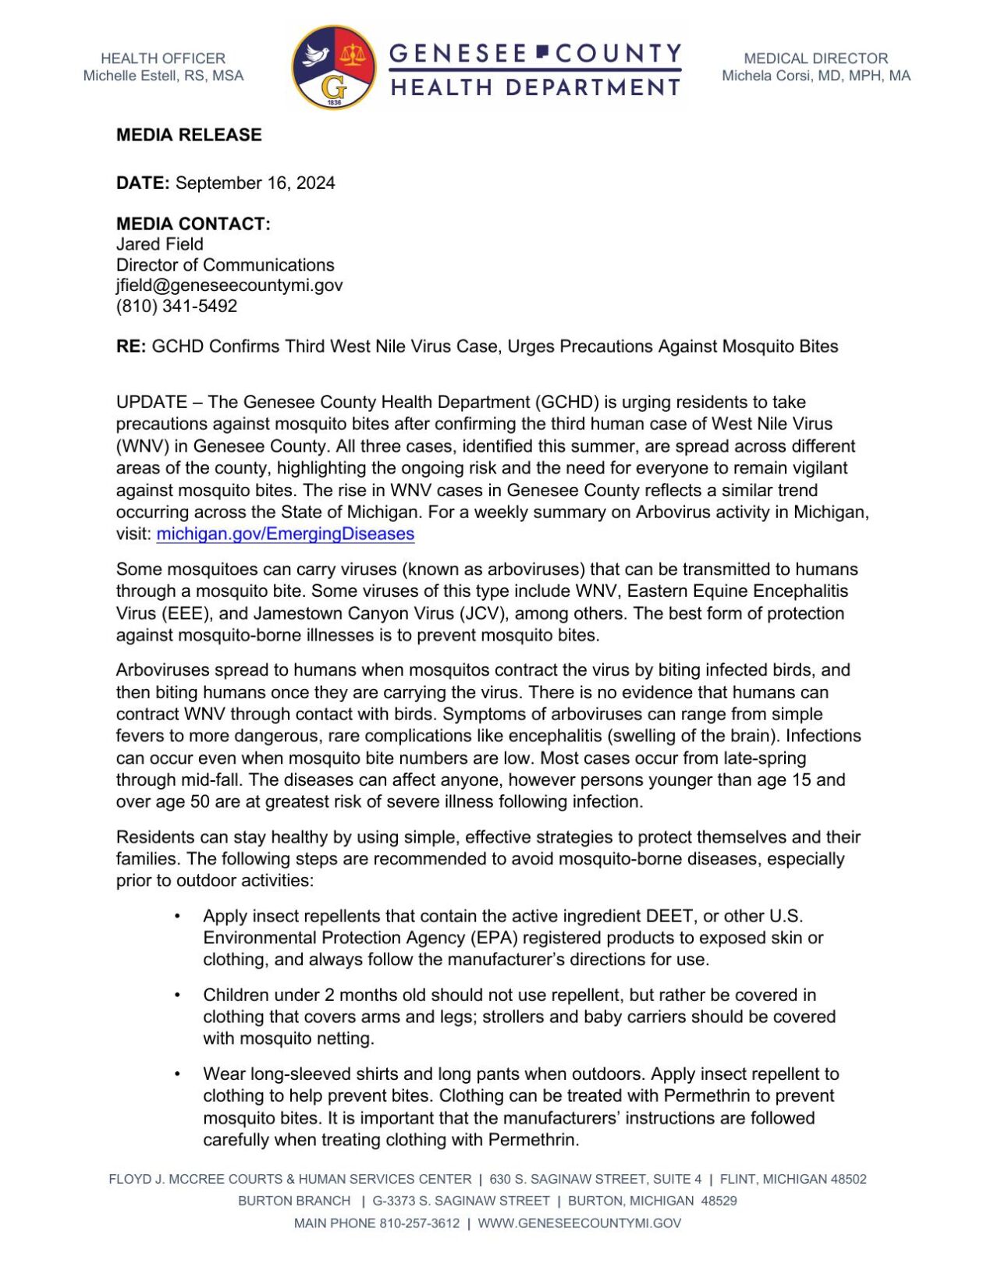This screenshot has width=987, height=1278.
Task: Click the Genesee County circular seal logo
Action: (x=333, y=68)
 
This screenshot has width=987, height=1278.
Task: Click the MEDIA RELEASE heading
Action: (x=189, y=135)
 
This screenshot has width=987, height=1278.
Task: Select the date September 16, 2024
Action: (x=255, y=183)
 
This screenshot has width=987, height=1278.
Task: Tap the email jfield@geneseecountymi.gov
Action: (x=229, y=286)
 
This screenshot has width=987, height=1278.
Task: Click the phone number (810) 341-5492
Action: (x=176, y=306)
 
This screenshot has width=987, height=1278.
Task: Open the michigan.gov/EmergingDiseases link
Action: (x=285, y=534)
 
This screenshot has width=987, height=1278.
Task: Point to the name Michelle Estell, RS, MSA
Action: (x=163, y=76)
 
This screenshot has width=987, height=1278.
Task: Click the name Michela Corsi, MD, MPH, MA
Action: (x=815, y=76)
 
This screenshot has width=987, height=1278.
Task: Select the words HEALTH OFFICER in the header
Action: (x=163, y=59)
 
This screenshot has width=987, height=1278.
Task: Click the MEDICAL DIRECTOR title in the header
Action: (x=815, y=59)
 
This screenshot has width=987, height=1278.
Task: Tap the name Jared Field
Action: (x=159, y=244)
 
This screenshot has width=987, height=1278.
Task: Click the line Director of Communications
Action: (x=225, y=265)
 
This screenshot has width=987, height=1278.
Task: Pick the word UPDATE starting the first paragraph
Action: (x=151, y=403)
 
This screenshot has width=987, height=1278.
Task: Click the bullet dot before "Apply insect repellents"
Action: (x=178, y=916)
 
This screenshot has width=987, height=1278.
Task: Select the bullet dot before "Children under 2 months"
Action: (x=178, y=995)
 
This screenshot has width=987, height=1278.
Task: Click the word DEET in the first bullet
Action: (x=669, y=916)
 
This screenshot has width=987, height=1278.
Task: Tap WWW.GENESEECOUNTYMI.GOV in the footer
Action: (x=579, y=1223)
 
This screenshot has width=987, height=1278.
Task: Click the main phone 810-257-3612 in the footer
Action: (x=419, y=1223)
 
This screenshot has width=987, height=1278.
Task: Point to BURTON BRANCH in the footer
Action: (x=294, y=1202)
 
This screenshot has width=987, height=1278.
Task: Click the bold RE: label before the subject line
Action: (x=130, y=346)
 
